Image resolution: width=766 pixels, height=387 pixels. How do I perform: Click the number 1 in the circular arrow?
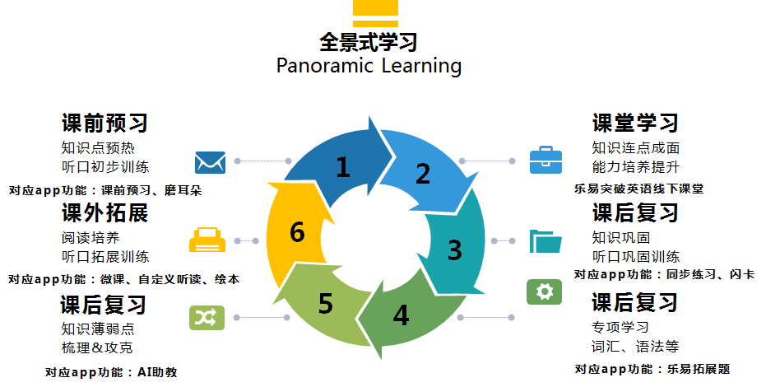(x=343, y=168)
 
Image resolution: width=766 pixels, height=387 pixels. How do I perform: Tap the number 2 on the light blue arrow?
(x=422, y=174)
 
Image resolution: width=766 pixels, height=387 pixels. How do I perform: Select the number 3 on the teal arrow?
(x=454, y=249)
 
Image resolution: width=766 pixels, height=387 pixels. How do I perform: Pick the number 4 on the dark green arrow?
(x=401, y=316)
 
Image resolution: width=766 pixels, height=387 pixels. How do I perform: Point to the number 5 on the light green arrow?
(x=326, y=304)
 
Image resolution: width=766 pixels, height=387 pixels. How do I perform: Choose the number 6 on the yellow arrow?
(x=298, y=233)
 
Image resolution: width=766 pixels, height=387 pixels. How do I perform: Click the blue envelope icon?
(x=210, y=161)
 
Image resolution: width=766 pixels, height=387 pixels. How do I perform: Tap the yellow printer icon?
(x=207, y=240)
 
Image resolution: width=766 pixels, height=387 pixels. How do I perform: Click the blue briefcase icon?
(x=545, y=160)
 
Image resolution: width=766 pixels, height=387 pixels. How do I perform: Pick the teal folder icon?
(x=545, y=240)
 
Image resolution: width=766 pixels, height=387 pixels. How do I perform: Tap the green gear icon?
(x=544, y=291)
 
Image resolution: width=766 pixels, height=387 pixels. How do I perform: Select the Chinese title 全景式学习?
(x=369, y=41)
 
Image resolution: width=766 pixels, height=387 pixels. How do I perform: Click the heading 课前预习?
(x=104, y=124)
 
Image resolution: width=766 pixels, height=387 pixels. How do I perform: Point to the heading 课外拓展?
(x=104, y=213)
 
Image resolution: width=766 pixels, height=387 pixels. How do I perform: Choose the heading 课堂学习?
(x=635, y=124)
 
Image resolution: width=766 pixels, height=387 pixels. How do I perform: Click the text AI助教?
(x=155, y=372)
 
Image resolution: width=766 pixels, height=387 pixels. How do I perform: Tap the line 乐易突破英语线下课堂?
(x=638, y=189)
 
